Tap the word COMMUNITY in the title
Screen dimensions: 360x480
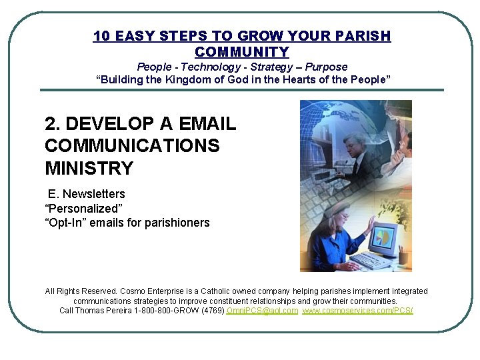coord(242,52)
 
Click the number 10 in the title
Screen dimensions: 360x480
coord(101,36)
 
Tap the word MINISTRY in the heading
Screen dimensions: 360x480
coord(89,167)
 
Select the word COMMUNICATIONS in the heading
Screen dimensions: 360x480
coord(132,146)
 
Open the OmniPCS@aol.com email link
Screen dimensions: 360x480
coord(263,311)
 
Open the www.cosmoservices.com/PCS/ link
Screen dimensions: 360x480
coord(357,311)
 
